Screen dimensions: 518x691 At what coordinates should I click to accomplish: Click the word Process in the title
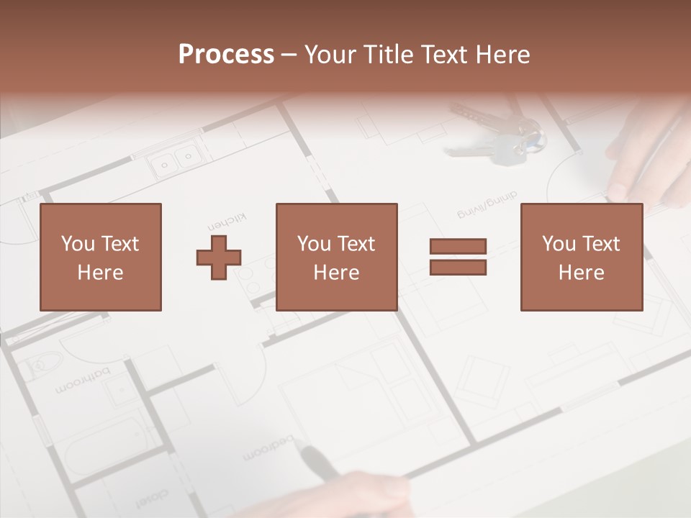point(226,55)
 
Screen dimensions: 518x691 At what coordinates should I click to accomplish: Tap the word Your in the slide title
point(331,55)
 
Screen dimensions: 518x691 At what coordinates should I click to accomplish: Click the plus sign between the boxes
point(219,258)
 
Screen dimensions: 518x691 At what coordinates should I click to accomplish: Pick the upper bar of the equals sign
point(458,246)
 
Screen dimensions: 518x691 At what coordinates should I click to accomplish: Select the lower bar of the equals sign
point(458,268)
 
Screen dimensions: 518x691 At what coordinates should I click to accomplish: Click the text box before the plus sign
point(101,258)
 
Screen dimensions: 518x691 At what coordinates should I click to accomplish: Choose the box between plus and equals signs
point(337,258)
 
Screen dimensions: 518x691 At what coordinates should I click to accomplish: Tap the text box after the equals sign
point(582,258)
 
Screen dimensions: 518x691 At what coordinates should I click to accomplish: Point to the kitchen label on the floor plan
point(227,218)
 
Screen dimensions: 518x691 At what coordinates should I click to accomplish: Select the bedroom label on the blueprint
point(268,447)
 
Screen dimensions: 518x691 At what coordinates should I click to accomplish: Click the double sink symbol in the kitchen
point(176,160)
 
